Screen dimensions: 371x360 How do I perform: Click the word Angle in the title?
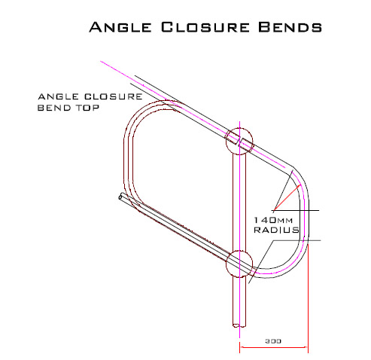coord(120,27)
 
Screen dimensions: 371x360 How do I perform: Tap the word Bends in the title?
coord(290,27)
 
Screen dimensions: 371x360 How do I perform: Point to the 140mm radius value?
coord(273,220)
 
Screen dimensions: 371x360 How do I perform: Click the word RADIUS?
coord(277,230)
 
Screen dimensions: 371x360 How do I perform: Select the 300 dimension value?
coord(273,341)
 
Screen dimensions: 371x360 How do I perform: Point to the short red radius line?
coord(287,197)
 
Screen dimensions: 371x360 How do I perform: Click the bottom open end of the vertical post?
coord(239,325)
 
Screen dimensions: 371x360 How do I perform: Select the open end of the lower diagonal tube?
coord(121,197)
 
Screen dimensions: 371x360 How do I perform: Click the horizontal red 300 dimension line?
coord(274,347)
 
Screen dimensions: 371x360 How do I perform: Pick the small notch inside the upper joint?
coord(239,142)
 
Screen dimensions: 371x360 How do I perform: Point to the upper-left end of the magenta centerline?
coord(101,61)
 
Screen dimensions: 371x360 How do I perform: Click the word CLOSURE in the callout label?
coord(114,96)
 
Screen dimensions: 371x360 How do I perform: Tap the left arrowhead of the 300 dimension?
coord(242,347)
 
